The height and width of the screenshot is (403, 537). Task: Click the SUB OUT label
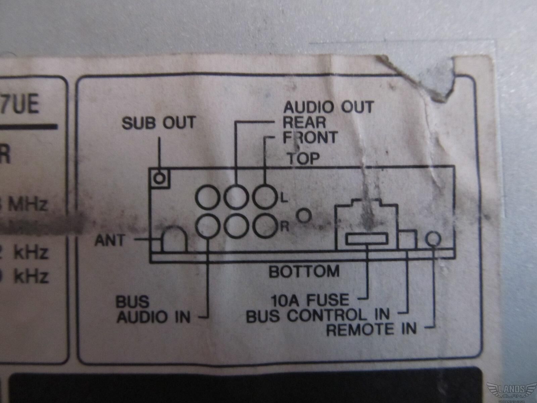click(158, 123)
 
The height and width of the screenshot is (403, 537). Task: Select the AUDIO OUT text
click(328, 107)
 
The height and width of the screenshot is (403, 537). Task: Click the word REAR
click(304, 122)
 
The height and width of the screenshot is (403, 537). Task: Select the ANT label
click(109, 240)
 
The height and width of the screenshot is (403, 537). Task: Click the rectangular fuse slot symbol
click(367, 239)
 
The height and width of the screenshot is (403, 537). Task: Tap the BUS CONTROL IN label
click(318, 315)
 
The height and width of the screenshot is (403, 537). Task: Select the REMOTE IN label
click(371, 329)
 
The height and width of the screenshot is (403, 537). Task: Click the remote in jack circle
click(433, 239)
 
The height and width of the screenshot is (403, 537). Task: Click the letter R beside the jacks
click(284, 227)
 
